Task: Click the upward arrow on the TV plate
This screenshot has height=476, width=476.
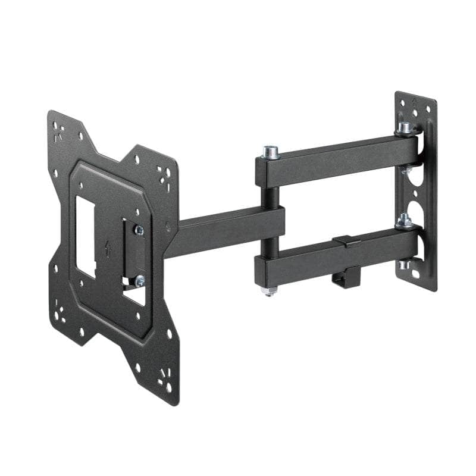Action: pyautogui.click(x=108, y=248)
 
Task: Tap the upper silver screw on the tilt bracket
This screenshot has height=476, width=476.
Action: pyautogui.click(x=138, y=230)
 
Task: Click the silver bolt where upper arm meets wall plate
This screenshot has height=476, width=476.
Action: pyautogui.click(x=405, y=127)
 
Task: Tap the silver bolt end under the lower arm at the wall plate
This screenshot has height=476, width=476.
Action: pyautogui.click(x=405, y=264)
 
